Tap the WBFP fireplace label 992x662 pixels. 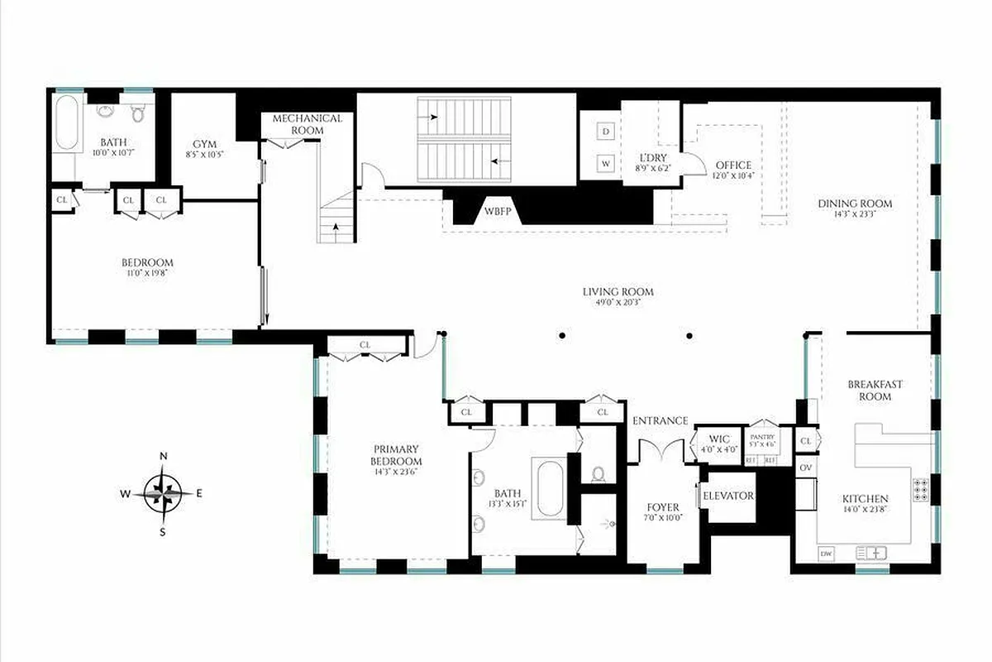tap(496, 211)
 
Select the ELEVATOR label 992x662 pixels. tap(727, 496)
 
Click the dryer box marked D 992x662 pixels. tap(606, 132)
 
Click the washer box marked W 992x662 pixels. tap(606, 163)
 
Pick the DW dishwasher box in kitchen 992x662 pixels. tap(825, 553)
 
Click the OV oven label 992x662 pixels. tap(806, 468)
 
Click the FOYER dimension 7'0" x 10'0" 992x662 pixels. tap(662, 518)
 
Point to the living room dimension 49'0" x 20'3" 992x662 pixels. tap(618, 303)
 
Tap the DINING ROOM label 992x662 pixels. tap(855, 204)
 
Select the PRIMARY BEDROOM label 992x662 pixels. tap(396, 455)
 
